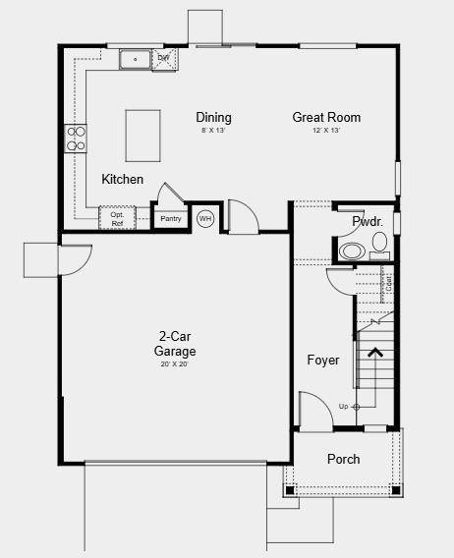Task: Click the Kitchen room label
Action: (123, 180)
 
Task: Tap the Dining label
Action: (213, 118)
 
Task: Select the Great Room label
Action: (326, 118)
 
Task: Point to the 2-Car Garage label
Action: (175, 344)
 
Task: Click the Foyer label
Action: (323, 361)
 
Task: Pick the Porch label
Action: (343, 459)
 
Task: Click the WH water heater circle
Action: (205, 218)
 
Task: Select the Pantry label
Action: (171, 218)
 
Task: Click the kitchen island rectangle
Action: (143, 136)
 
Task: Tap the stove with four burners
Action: (76, 139)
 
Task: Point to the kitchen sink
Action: (135, 60)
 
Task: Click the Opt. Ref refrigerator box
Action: (117, 218)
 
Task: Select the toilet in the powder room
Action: (379, 242)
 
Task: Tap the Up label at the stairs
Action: (343, 406)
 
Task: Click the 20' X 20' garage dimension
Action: (175, 364)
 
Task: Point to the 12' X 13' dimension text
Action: (326, 131)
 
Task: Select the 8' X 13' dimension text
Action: (213, 131)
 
